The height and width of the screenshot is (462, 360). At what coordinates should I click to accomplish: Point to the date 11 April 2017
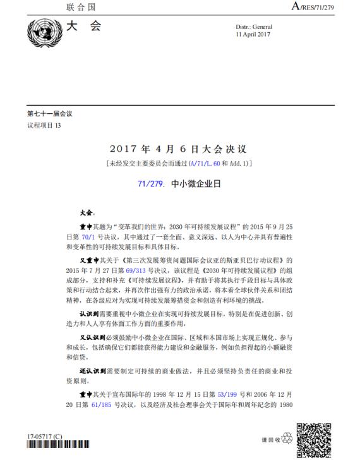tap(253, 35)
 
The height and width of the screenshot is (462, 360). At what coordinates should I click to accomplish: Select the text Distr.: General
tap(253, 27)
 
